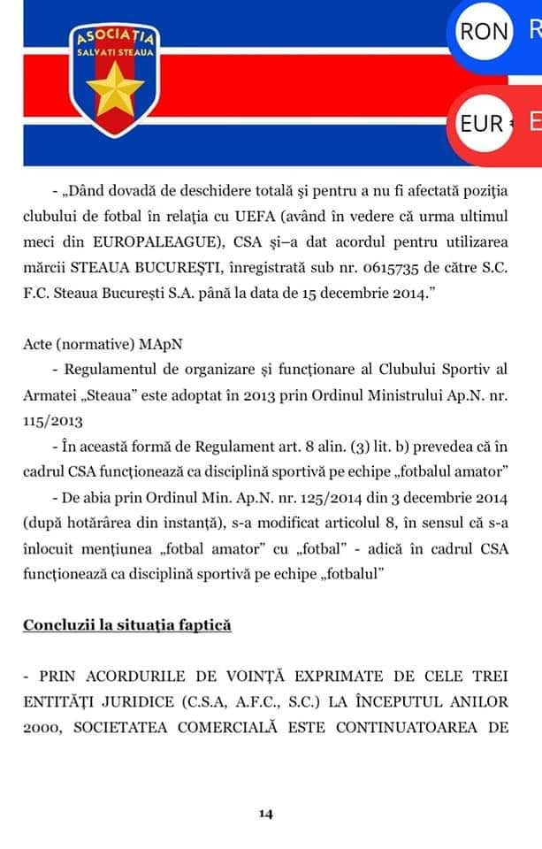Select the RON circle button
pyautogui.click(x=485, y=32)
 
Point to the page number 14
pyautogui.click(x=264, y=814)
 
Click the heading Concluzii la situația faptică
pyautogui.click(x=126, y=624)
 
